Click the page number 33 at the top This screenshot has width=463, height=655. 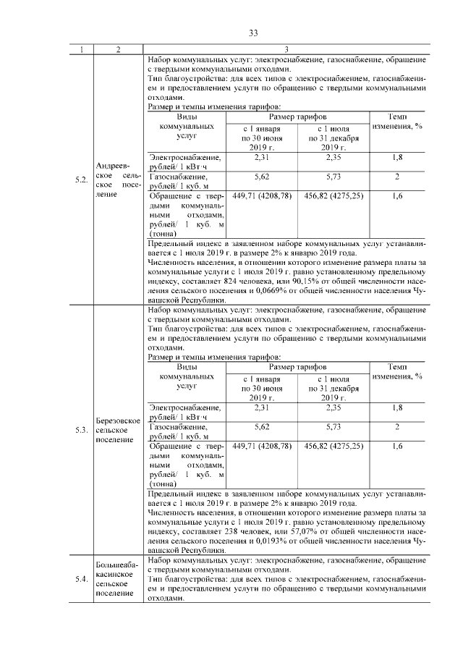coord(253,33)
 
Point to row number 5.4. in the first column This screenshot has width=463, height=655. coord(82,578)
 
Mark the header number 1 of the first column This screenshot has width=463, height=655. coord(82,48)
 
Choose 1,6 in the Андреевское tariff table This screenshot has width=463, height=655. coord(397,195)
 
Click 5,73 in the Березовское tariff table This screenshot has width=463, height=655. coord(334,426)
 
